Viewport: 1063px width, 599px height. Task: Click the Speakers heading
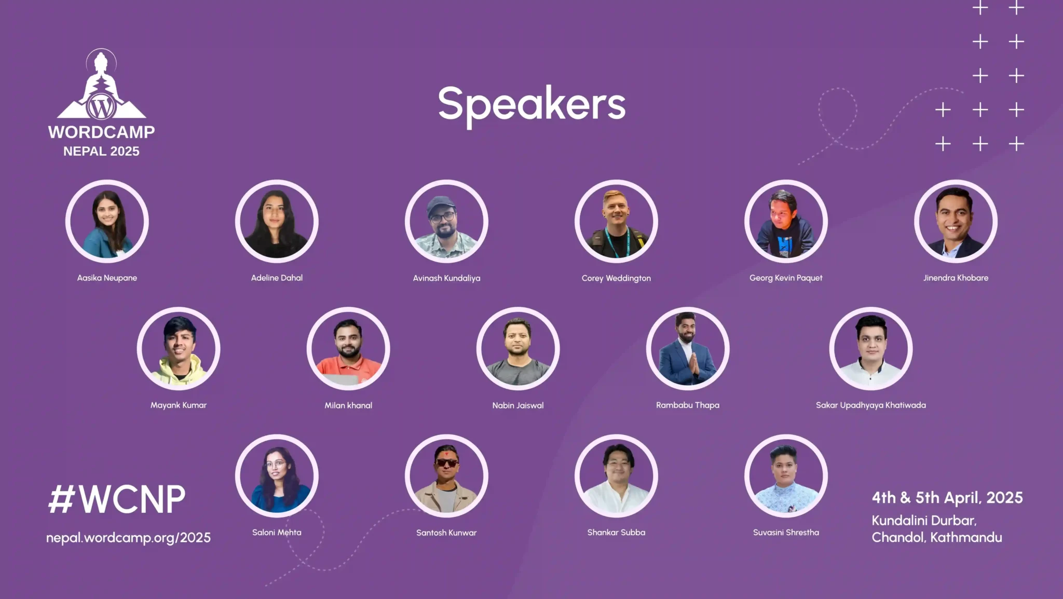pos(532,105)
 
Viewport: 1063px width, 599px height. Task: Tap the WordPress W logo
pos(101,107)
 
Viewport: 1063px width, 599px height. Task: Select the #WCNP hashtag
pos(116,499)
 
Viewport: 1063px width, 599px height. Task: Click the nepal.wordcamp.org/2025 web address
pos(128,538)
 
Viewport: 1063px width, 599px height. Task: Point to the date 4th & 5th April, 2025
pos(947,498)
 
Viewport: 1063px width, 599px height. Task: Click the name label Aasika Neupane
pos(107,278)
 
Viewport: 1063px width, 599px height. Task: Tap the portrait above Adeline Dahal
pos(277,221)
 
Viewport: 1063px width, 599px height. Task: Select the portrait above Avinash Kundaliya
pos(446,221)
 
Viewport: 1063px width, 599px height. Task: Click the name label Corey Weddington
pos(616,278)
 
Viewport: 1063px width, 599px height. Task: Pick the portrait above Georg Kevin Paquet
pos(786,221)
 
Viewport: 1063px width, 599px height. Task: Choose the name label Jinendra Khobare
pos(956,278)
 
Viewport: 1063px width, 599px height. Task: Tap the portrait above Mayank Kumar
pos(179,348)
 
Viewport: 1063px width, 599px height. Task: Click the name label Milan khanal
pos(348,405)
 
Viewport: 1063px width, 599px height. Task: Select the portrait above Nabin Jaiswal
pos(518,348)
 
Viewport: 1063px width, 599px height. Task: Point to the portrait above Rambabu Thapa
pos(688,348)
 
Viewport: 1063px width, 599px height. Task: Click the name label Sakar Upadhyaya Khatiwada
pos(871,405)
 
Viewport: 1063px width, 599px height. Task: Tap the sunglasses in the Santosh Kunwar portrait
pos(447,462)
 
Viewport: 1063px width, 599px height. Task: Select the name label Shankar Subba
pos(616,533)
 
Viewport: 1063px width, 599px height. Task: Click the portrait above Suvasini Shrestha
pos(786,475)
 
